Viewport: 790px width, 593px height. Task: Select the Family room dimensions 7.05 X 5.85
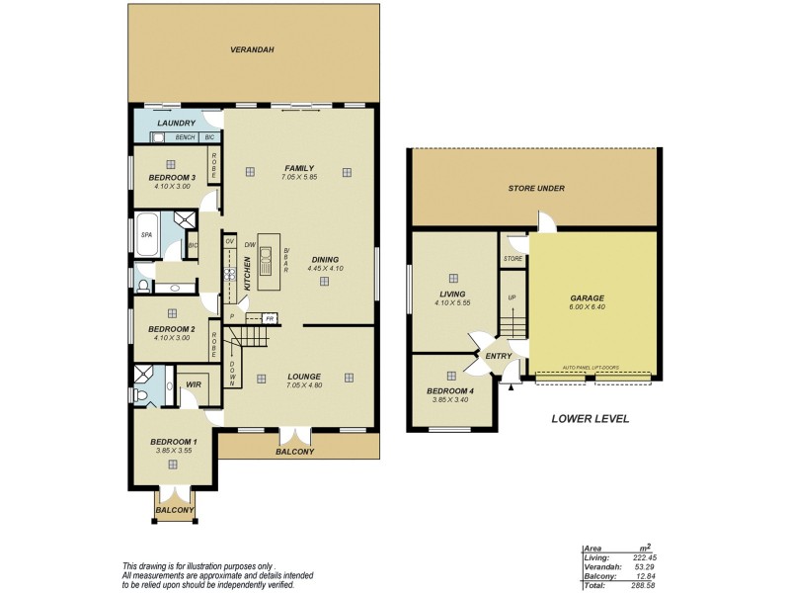[298, 177]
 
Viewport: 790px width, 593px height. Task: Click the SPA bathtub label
[146, 234]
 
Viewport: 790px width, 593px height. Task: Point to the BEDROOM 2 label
[172, 329]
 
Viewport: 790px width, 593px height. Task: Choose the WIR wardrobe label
[194, 384]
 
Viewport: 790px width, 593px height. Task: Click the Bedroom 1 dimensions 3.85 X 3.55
[173, 451]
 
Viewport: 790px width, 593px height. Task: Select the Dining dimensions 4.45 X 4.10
[324, 268]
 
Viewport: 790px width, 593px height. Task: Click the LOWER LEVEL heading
[590, 419]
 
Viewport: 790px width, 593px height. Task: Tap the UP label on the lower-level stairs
[512, 297]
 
